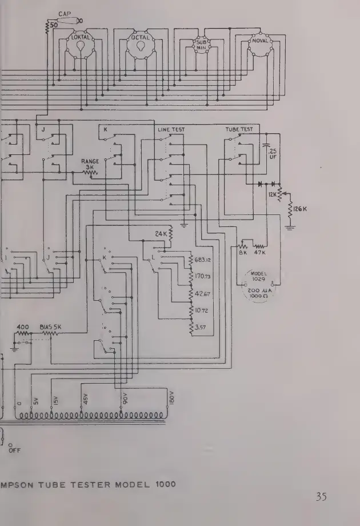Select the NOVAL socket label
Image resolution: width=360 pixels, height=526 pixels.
260,41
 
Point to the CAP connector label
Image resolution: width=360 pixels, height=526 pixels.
64,14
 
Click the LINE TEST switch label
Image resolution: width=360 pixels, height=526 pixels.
171,130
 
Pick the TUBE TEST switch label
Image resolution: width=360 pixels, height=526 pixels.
239,130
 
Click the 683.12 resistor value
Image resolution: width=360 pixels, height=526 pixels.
205,260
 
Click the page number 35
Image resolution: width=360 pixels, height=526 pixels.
319,496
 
